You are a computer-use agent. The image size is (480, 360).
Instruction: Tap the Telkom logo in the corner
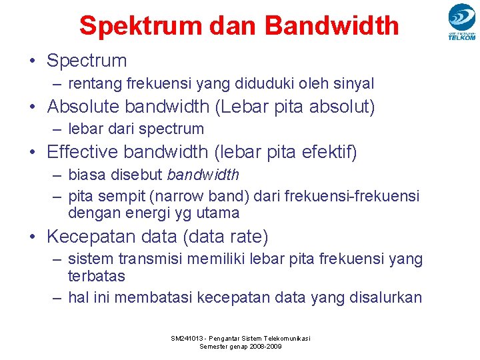pos(461,21)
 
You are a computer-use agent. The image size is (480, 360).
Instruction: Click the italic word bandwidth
pos(203,175)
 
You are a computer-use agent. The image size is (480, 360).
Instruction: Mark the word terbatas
pos(96,276)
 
